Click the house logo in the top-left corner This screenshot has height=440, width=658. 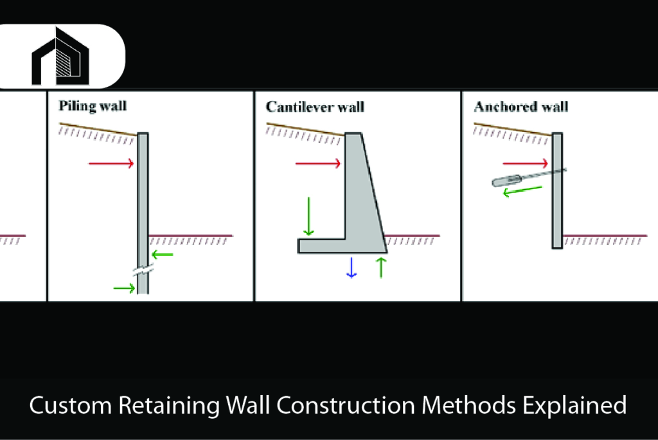(x=60, y=57)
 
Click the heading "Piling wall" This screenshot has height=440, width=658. (x=93, y=105)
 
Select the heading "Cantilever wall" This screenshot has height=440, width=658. (x=315, y=106)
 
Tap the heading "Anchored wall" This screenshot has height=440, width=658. (x=520, y=106)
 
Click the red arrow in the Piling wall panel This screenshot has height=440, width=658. (x=111, y=164)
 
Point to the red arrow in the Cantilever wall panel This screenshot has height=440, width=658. (x=317, y=164)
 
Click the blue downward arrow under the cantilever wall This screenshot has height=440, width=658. (x=351, y=267)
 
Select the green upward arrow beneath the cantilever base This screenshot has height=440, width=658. (x=381, y=267)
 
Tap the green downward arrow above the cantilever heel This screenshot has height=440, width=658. (x=309, y=217)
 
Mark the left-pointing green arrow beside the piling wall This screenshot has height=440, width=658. (x=163, y=255)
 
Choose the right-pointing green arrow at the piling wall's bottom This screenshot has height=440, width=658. (x=124, y=288)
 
